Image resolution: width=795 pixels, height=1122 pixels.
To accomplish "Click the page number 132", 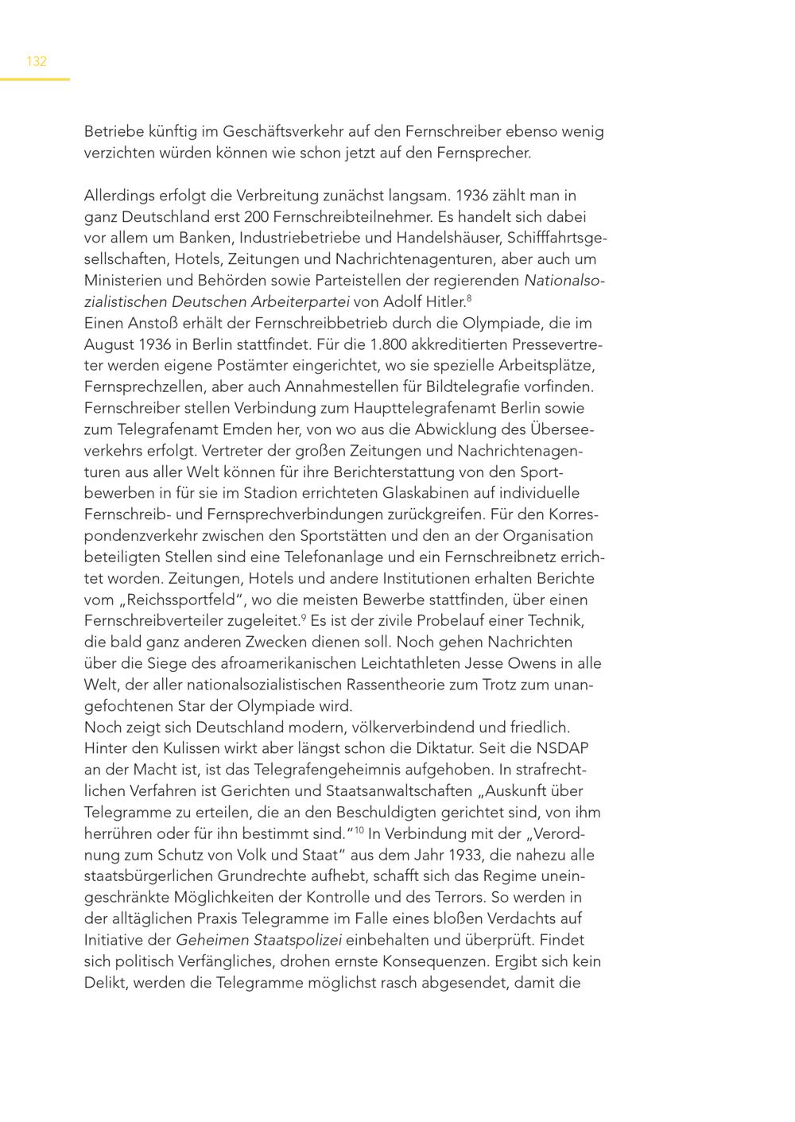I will (37, 61).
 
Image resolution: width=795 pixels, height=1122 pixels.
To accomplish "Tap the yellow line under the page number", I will (35, 79).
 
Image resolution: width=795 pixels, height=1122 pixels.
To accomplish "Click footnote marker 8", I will (469, 298).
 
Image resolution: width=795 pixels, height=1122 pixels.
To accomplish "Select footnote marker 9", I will (304, 617).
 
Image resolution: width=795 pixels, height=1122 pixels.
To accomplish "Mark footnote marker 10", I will (359, 830).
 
